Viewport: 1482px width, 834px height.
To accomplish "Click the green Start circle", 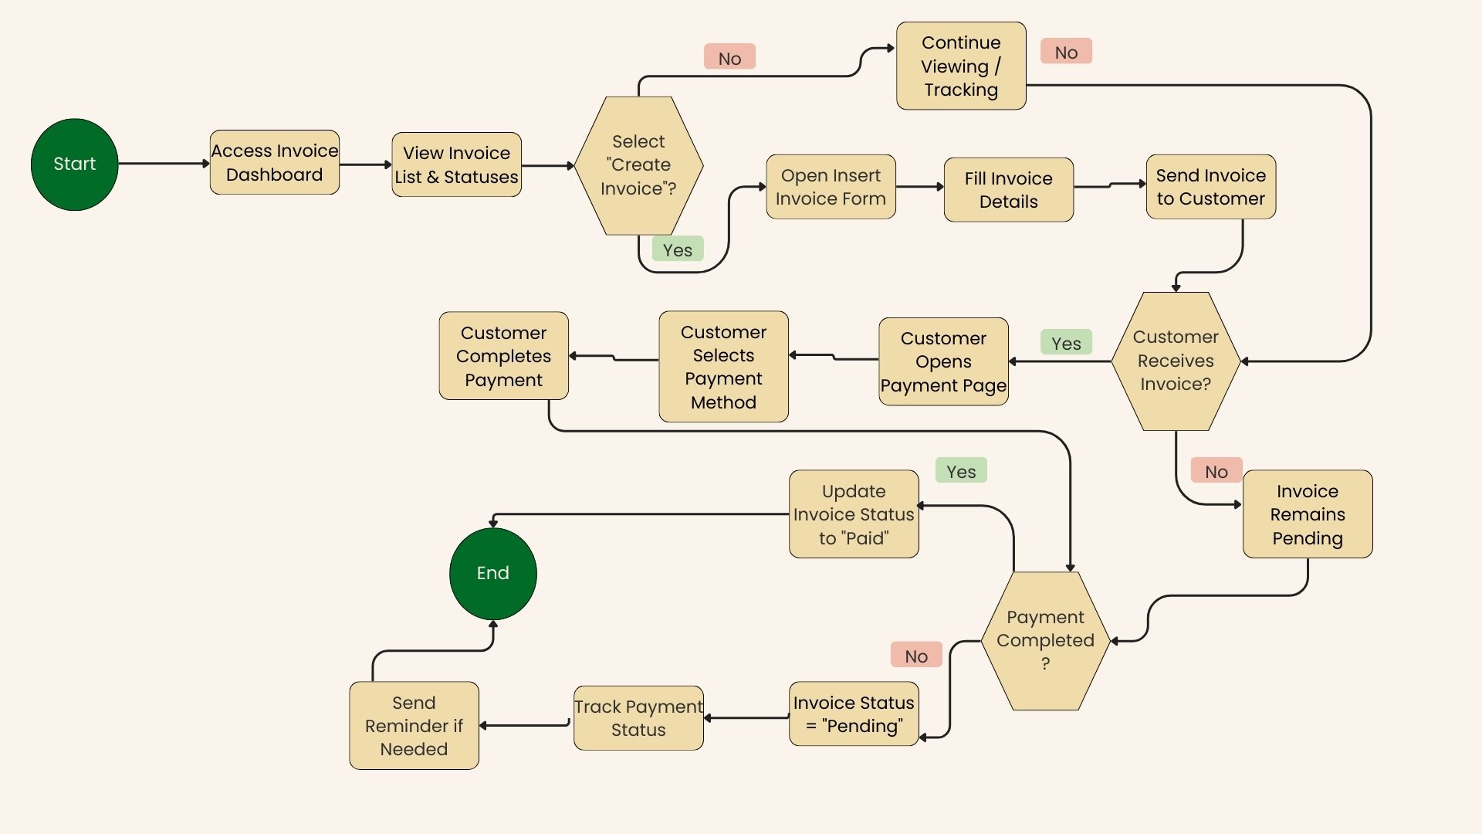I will click(x=75, y=164).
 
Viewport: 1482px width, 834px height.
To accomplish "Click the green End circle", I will click(x=492, y=573).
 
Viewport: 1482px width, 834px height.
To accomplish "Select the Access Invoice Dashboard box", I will click(x=275, y=162).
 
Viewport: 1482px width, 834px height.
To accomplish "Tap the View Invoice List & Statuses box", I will click(x=456, y=164).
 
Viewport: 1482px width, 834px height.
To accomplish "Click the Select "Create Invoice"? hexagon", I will click(x=638, y=165).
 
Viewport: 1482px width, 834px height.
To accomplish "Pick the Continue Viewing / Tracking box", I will click(x=961, y=66).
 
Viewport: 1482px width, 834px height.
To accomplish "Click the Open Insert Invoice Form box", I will click(x=831, y=187).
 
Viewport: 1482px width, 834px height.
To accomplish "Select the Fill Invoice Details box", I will click(x=1008, y=190).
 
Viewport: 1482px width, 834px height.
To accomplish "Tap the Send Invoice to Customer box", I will click(x=1210, y=187).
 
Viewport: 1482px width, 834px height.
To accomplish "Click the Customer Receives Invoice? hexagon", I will click(x=1176, y=361).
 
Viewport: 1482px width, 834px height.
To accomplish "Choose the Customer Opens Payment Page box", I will click(x=943, y=361).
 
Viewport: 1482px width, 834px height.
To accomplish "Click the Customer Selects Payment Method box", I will click(x=723, y=367).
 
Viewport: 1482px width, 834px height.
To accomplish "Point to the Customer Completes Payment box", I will click(x=503, y=356).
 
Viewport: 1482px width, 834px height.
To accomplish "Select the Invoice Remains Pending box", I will click(x=1308, y=514).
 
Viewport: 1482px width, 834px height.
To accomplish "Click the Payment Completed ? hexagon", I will click(x=1045, y=640).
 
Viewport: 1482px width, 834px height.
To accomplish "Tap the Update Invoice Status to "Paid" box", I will click(x=854, y=514).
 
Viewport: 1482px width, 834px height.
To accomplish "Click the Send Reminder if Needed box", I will click(x=414, y=726).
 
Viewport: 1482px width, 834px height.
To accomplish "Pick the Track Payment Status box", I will click(x=638, y=718).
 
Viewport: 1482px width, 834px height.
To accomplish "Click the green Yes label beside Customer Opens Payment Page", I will click(x=1066, y=343).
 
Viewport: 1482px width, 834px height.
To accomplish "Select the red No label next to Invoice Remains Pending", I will click(x=1216, y=471).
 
